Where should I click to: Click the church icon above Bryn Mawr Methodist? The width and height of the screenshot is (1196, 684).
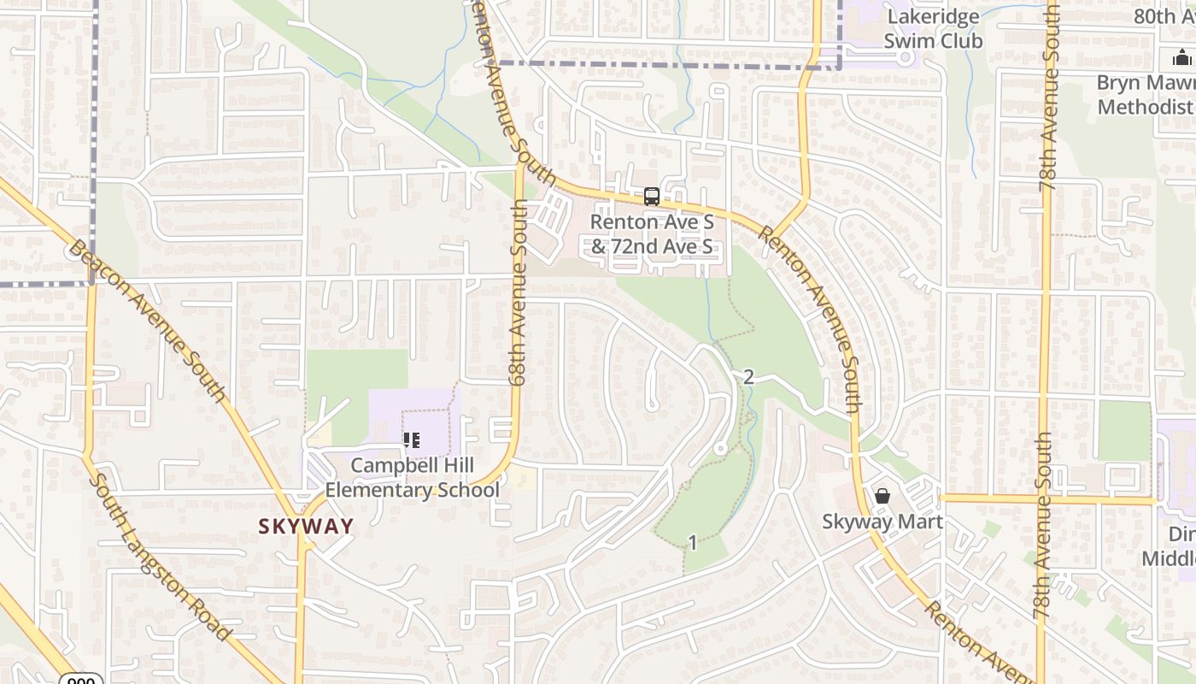[1182, 58]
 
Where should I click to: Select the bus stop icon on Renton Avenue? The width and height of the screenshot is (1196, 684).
[651, 198]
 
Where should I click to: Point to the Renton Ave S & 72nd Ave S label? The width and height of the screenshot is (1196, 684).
[652, 234]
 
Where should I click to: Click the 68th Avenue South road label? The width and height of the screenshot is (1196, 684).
[518, 292]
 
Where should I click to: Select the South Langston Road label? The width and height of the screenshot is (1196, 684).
[159, 557]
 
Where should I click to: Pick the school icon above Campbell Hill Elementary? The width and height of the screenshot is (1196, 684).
[412, 441]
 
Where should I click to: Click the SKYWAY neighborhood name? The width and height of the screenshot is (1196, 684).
[306, 527]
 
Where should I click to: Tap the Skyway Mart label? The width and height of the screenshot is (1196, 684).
[882, 522]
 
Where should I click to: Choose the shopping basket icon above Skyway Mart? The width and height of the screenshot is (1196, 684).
[882, 496]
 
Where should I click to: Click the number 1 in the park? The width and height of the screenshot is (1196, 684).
[693, 542]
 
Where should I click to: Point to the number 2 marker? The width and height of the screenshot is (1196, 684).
[748, 377]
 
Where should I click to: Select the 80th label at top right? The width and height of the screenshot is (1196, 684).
[1164, 16]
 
